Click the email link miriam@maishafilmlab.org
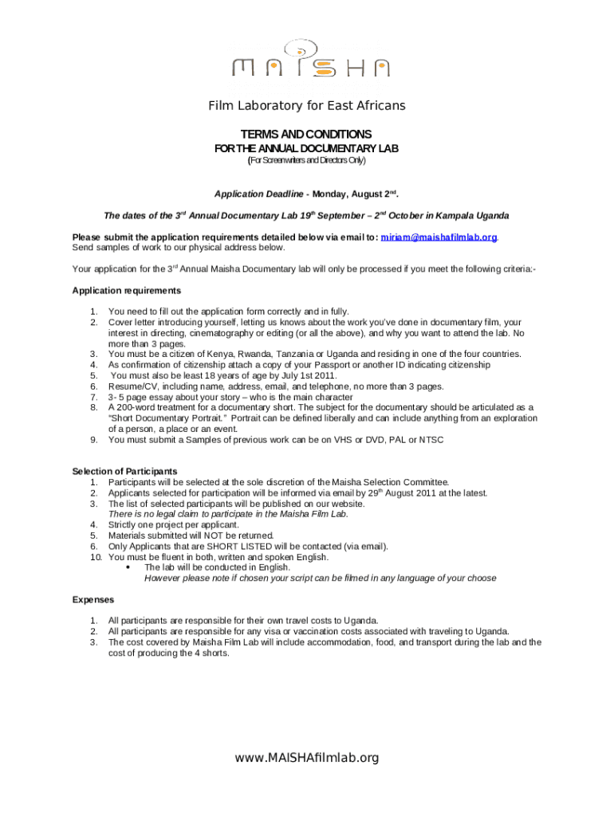(439, 237)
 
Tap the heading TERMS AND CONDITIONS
(306, 134)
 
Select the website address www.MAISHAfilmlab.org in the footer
(307, 758)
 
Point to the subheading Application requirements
(126, 291)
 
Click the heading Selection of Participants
(124, 471)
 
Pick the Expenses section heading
(93, 599)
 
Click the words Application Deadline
(258, 194)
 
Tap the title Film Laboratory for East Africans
(307, 106)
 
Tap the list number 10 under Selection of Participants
(94, 558)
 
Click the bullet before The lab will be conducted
(129, 568)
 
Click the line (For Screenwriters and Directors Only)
(307, 160)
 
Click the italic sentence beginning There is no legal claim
(228, 514)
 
